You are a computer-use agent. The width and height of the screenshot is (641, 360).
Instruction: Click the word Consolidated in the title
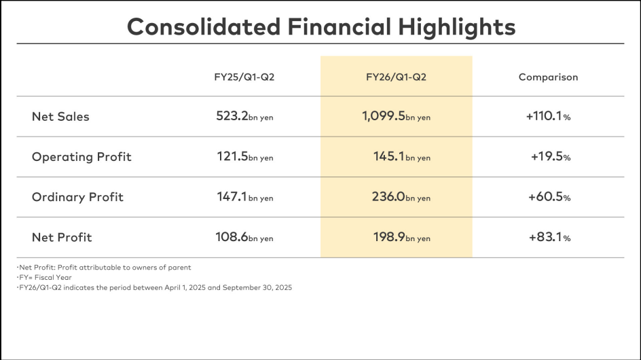(x=202, y=26)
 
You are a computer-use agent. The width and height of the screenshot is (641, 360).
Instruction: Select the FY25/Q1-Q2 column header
(x=244, y=77)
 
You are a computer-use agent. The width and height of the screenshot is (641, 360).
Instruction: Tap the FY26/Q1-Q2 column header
(x=396, y=77)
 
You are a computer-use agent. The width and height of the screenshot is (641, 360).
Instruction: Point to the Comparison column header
(x=548, y=77)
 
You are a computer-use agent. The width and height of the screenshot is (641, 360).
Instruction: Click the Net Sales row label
(x=60, y=116)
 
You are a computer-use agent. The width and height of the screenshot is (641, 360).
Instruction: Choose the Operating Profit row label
(x=81, y=157)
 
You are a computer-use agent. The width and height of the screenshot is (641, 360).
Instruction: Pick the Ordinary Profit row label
(x=77, y=197)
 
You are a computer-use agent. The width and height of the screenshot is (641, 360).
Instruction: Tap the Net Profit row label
(x=62, y=237)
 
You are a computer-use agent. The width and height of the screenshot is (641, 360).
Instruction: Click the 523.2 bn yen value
(x=244, y=116)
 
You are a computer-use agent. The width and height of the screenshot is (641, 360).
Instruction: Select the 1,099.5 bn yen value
(x=396, y=116)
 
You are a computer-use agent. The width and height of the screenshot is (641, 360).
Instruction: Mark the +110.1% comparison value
(x=548, y=116)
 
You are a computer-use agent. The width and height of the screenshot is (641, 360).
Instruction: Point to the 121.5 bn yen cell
(x=244, y=157)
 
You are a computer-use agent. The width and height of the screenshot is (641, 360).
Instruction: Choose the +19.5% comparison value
(x=550, y=157)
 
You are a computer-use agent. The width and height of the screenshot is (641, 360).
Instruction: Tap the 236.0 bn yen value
(x=399, y=197)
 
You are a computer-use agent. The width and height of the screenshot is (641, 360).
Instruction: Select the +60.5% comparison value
(x=549, y=197)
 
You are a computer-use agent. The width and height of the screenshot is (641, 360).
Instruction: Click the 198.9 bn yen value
(x=400, y=237)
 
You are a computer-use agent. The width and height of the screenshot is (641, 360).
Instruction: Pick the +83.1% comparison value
(x=549, y=237)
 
